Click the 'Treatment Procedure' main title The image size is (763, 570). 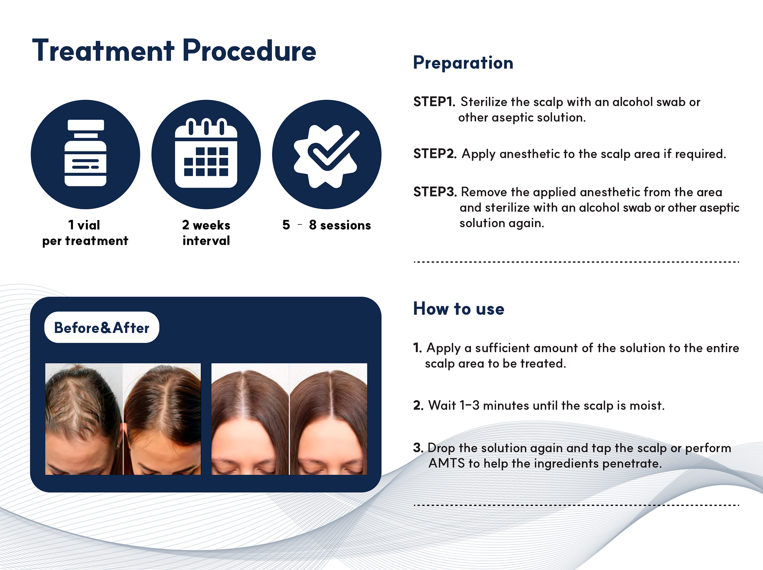(x=174, y=51)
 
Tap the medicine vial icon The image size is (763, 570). (x=85, y=153)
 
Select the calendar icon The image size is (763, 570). (x=206, y=153)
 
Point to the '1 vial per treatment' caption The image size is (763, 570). (x=85, y=233)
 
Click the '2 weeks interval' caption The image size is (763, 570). (x=206, y=233)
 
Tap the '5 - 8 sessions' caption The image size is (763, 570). (x=327, y=225)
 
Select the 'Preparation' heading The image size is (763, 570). (x=463, y=63)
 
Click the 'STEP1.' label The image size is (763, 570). (x=434, y=102)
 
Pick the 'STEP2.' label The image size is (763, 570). (x=435, y=154)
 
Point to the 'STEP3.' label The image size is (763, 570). (x=435, y=192)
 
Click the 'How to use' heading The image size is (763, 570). (x=458, y=308)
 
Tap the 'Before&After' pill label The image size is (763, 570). (x=102, y=327)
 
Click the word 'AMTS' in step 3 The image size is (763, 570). (x=446, y=463)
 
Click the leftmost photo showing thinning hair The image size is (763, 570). (x=84, y=419)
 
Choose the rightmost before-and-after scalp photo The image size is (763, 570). (x=328, y=419)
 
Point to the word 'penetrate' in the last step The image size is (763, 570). (x=632, y=464)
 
